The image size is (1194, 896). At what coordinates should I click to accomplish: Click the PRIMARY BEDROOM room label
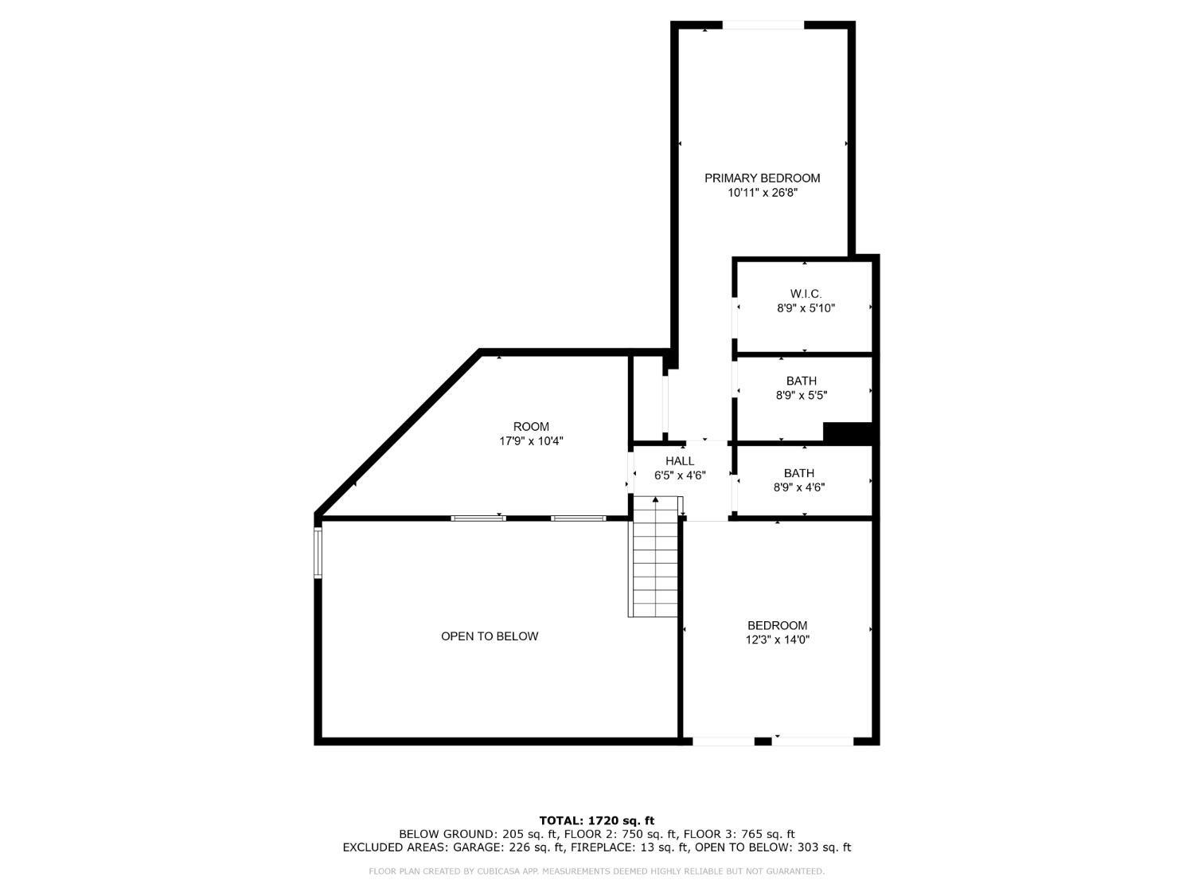[x=762, y=178]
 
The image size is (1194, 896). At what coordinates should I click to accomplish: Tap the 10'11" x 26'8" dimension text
[x=762, y=192]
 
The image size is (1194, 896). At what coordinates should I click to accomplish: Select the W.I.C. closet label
[x=806, y=294]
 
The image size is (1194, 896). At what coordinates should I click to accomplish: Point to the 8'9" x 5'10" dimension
[x=806, y=308]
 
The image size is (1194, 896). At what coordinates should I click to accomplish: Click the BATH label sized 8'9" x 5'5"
[x=801, y=381]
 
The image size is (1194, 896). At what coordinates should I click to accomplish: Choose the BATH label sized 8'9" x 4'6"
[x=798, y=473]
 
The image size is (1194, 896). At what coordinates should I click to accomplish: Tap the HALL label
[x=680, y=460]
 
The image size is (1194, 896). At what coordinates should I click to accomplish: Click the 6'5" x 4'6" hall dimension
[x=680, y=475]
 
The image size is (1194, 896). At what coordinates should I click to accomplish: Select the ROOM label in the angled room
[x=531, y=426]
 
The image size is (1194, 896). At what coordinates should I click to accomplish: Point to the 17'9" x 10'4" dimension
[x=531, y=440]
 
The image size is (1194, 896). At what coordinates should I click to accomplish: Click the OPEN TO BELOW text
[x=490, y=636]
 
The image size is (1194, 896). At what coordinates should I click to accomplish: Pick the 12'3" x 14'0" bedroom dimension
[x=777, y=640]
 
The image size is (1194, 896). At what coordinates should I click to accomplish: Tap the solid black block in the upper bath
[x=849, y=432]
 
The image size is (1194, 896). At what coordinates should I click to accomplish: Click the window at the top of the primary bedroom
[x=763, y=25]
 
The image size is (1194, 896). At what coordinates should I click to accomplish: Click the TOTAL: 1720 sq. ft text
[x=596, y=820]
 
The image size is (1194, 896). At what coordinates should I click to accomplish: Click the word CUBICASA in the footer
[x=499, y=871]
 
